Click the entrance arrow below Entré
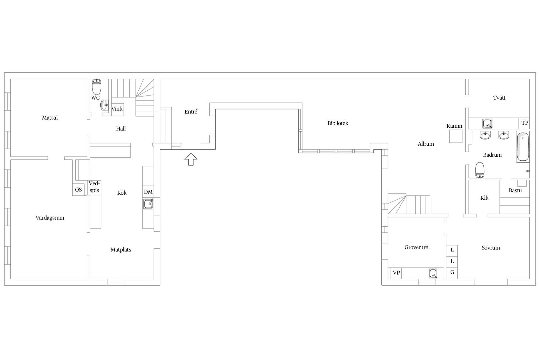pos(191,159)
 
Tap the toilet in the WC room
pos(96,87)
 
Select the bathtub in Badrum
pos(523,147)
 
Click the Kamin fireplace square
pos(456,136)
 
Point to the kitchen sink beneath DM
pos(148,204)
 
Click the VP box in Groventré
pos(396,273)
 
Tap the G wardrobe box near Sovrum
pos(452,273)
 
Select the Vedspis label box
pos(94,187)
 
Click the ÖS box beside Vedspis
pos(78,190)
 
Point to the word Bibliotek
pos(338,123)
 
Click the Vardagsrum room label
pos(50,218)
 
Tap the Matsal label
pos(50,118)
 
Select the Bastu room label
pos(515,191)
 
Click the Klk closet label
pos(484,198)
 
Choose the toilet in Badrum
pos(480,170)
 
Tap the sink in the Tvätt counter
pos(487,123)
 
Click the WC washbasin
pos(104,105)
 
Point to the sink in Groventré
pos(433,273)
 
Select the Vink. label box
pos(118,109)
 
